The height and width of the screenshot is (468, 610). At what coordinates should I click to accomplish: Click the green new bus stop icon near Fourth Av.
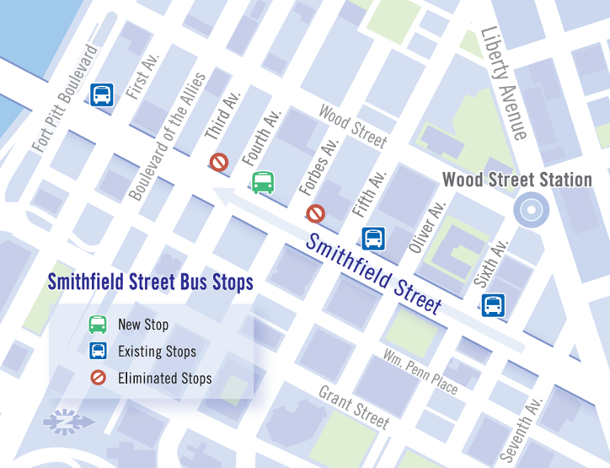tap(263, 182)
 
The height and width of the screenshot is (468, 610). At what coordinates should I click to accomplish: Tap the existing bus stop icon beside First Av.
tap(103, 94)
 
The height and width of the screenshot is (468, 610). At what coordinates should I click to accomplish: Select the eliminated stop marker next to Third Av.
tap(220, 162)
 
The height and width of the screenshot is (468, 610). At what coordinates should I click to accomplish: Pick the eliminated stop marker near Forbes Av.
tap(316, 213)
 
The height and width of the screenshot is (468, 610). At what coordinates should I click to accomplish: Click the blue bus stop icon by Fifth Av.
tap(373, 239)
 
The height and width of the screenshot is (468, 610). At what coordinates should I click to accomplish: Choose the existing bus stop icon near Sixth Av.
tap(494, 304)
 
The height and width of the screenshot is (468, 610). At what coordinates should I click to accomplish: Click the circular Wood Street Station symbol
tap(532, 210)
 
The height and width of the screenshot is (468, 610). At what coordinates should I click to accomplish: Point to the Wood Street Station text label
tap(516, 180)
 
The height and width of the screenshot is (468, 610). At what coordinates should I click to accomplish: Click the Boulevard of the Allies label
tap(167, 137)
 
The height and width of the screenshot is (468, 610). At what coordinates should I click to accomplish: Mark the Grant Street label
tap(354, 407)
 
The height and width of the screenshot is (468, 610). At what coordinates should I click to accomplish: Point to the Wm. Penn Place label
tap(420, 372)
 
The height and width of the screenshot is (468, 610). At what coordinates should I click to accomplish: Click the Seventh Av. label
tap(520, 429)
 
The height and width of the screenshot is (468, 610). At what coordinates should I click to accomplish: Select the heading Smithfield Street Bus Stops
tap(150, 282)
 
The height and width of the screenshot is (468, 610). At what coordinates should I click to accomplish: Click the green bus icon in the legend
tap(99, 324)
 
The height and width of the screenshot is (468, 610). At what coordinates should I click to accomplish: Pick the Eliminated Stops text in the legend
tap(164, 378)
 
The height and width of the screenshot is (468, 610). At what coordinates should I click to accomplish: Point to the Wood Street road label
tap(352, 126)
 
